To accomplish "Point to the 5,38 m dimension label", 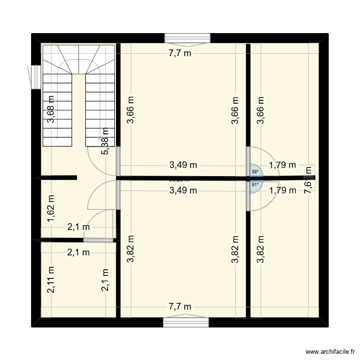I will (105, 141).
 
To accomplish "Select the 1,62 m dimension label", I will (51, 209).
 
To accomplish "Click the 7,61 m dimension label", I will (308, 180).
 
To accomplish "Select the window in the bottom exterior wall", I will (186, 322).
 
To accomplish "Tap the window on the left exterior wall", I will (35, 77).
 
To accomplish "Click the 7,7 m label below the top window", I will (180, 53).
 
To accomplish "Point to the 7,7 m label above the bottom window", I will (180, 307).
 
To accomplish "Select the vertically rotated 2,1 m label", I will (105, 280).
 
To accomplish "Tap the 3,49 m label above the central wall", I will (183, 165).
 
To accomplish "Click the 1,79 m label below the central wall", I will (282, 190).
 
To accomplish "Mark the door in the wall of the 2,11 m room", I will (98, 240).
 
